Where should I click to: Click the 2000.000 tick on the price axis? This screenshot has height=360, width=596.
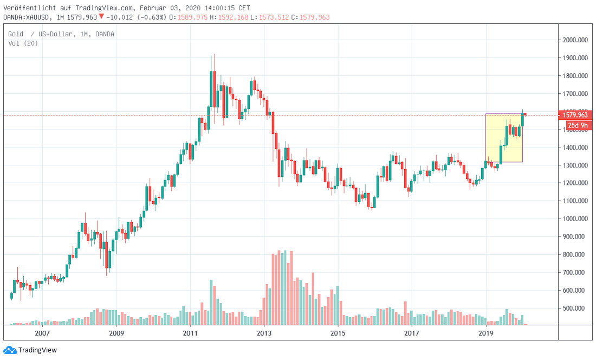[576, 40]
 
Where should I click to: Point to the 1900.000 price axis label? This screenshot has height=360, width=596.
[576, 58]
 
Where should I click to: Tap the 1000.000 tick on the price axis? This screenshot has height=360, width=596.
[576, 218]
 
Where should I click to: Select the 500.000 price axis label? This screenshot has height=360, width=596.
[576, 308]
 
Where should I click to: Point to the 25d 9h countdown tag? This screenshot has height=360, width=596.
[578, 125]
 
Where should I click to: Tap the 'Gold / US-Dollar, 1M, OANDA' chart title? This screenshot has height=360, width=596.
[61, 34]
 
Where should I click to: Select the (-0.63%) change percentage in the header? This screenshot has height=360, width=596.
[153, 17]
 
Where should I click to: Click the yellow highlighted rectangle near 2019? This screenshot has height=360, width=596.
[504, 138]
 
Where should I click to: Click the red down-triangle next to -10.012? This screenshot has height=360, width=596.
[101, 17]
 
